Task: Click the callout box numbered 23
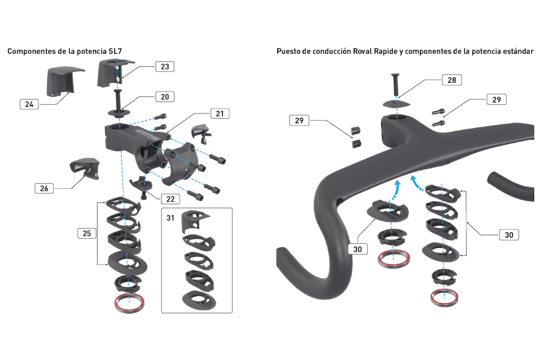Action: click(x=165, y=67)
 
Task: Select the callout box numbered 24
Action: click(x=29, y=104)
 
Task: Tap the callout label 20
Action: click(x=165, y=97)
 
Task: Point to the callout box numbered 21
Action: click(x=220, y=113)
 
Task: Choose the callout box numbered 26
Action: click(x=44, y=189)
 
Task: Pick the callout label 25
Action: click(x=87, y=233)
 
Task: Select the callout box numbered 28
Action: click(x=452, y=80)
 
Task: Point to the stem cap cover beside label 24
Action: click(x=65, y=81)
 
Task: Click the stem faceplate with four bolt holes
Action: click(x=182, y=163)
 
